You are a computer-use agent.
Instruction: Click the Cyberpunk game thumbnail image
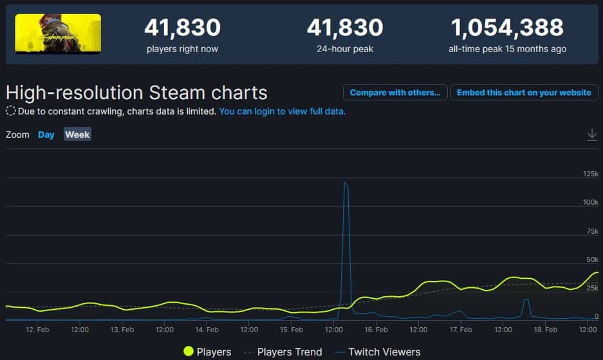tap(58, 33)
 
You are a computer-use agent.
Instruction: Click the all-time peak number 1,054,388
tap(507, 27)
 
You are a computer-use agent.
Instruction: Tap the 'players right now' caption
tap(182, 49)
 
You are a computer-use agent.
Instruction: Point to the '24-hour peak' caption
tap(344, 49)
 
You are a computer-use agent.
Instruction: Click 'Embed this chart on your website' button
tap(524, 93)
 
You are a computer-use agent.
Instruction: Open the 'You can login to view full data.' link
tap(282, 111)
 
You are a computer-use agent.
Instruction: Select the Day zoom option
tap(46, 135)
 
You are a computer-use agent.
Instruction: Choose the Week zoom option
tap(77, 135)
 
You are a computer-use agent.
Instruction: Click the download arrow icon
tap(592, 134)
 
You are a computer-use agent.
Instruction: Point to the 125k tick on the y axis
tap(590, 174)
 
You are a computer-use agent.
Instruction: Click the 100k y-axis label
tap(590, 202)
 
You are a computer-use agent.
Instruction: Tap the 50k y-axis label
tap(592, 260)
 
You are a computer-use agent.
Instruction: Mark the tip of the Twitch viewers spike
tap(346, 183)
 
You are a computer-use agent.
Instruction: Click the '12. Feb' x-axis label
tap(37, 330)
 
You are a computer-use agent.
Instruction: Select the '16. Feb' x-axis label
tap(376, 330)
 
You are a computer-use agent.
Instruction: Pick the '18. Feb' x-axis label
tap(546, 330)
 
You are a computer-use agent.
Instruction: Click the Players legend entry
tap(207, 352)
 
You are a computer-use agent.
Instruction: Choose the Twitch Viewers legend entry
tap(377, 352)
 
